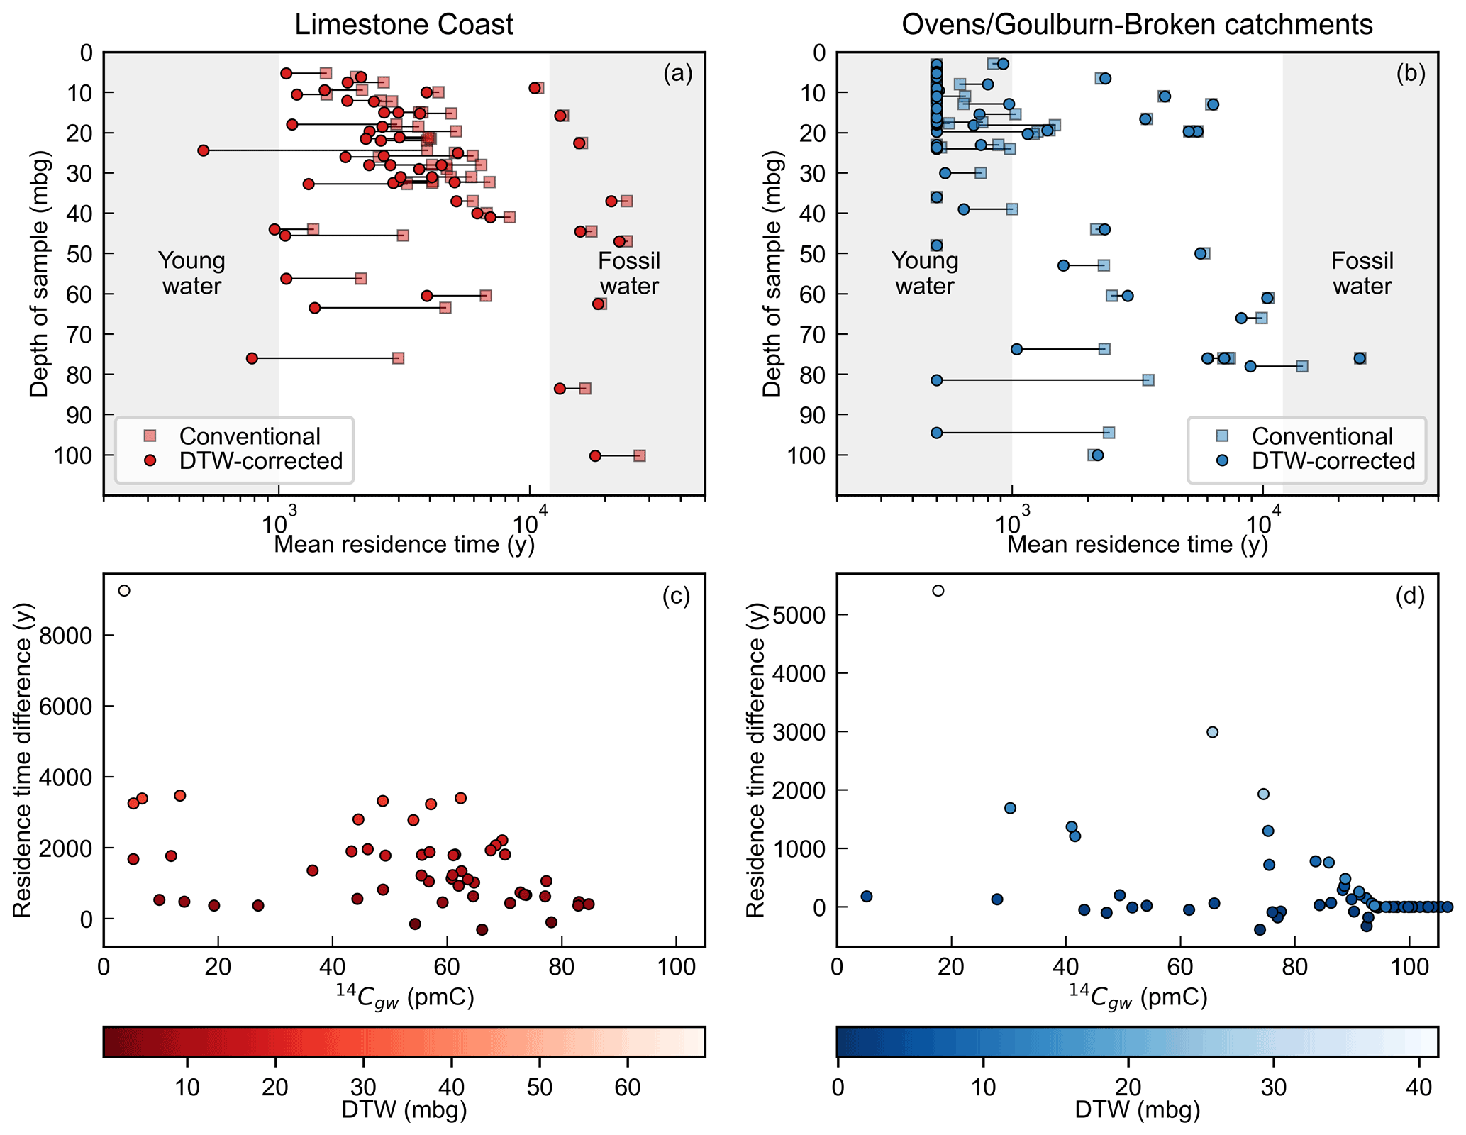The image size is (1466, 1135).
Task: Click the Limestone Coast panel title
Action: pos(404,25)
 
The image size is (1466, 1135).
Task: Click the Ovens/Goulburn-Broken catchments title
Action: pos(1137,25)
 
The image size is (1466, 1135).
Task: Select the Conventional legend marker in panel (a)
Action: pos(150,436)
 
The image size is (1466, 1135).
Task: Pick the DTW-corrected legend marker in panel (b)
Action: pos(1222,460)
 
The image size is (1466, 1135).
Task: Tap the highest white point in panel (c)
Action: pos(124,591)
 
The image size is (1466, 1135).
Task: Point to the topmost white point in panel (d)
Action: pos(938,591)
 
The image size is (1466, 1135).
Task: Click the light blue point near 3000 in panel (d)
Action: pos(1212,732)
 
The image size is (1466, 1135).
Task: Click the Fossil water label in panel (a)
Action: pos(629,273)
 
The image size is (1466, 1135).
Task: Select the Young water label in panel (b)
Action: pos(925,273)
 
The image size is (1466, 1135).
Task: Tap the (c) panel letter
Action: pos(676,597)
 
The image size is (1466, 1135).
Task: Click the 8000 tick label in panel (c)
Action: pos(66,636)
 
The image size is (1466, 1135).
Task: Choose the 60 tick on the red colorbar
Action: pos(628,1087)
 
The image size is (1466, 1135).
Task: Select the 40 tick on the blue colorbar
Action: pos(1419,1087)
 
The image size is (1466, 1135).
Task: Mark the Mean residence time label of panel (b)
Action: pos(1137,544)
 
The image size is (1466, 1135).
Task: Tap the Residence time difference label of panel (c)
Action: pos(23,760)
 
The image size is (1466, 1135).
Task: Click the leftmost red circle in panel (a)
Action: pos(204,150)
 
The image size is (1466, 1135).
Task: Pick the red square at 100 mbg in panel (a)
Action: pos(640,455)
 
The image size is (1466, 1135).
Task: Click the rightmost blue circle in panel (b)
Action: pos(1360,358)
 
